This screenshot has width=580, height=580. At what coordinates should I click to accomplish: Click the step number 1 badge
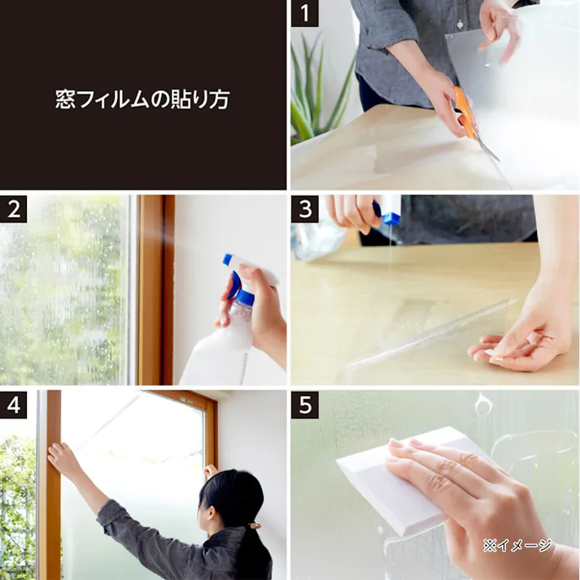pyautogui.click(x=305, y=13)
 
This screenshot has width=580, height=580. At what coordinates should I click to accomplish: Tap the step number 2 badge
pyautogui.click(x=13, y=209)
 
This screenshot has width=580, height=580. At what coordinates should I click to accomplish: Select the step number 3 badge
pyautogui.click(x=305, y=209)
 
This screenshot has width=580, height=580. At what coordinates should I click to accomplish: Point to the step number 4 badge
pyautogui.click(x=13, y=404)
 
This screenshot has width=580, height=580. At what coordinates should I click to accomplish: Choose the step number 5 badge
pyautogui.click(x=305, y=404)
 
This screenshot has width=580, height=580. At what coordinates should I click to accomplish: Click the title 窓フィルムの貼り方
pyautogui.click(x=143, y=99)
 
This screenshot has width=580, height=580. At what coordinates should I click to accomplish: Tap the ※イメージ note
pyautogui.click(x=517, y=545)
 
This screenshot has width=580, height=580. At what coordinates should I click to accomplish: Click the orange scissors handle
pyautogui.click(x=464, y=111)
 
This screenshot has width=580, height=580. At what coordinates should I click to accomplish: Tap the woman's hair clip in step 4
pyautogui.click(x=254, y=525)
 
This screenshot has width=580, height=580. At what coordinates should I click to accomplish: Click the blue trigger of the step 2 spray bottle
pyautogui.click(x=234, y=285)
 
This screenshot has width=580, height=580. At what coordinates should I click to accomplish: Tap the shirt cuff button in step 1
pyautogui.click(x=460, y=24)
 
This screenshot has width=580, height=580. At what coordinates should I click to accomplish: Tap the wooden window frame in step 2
pyautogui.click(x=155, y=290)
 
